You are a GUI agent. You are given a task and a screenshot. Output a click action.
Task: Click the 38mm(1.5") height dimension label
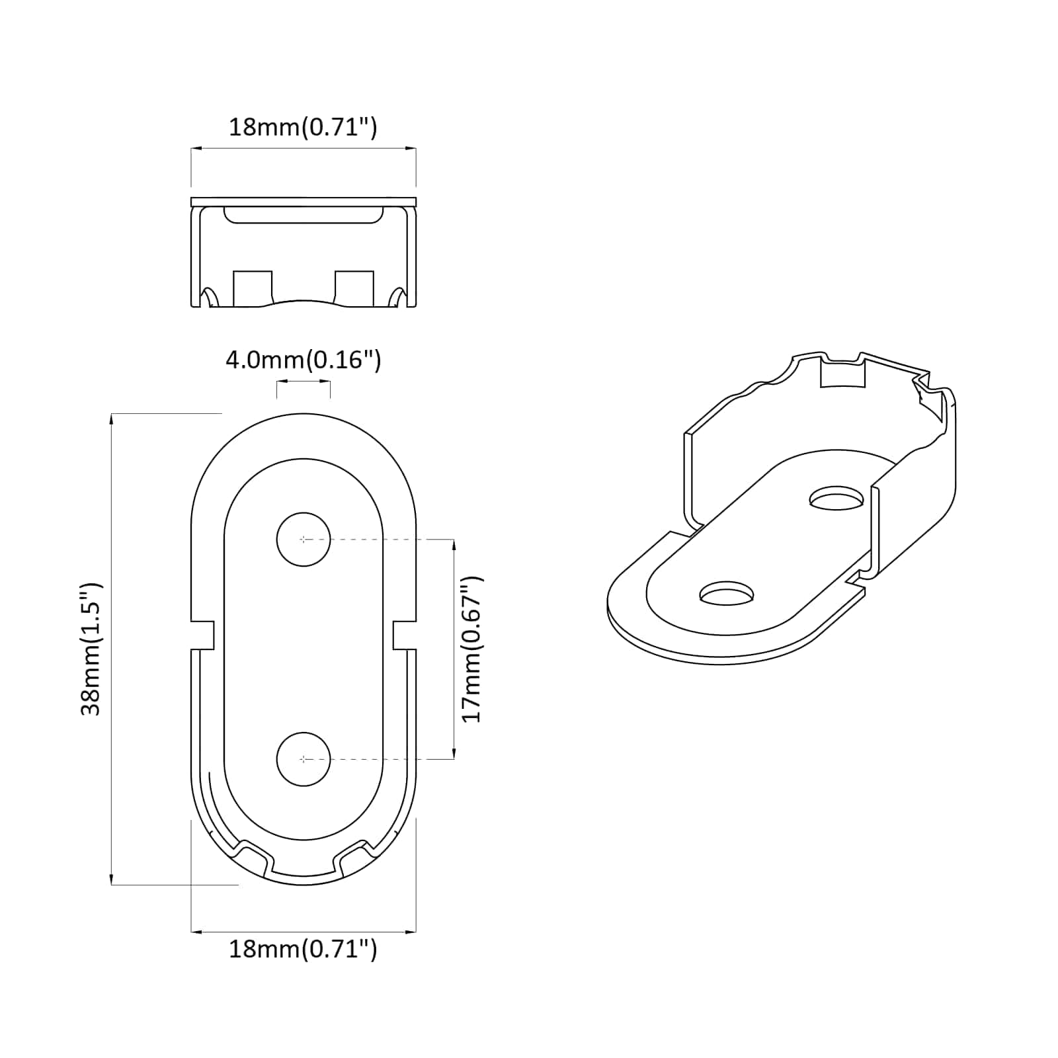pos(91,649)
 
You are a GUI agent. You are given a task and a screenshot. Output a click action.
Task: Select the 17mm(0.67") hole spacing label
pos(472,649)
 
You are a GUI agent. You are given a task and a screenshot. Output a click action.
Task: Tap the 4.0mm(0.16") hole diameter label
pos(304,360)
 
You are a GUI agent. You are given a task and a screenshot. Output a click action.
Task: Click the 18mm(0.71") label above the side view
pos(303,126)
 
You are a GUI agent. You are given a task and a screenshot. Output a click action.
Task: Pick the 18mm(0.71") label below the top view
pos(303,949)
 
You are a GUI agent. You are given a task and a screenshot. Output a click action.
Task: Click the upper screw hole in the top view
pos(304,539)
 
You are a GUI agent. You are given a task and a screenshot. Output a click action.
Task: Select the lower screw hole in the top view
pos(304,759)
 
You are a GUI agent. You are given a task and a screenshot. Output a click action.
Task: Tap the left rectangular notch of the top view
pos(203,635)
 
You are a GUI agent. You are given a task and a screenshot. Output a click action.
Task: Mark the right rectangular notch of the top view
pos(404,635)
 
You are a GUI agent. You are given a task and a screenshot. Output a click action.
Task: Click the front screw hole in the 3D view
pos(727,593)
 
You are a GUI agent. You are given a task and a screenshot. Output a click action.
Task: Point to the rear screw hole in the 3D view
pos(837,497)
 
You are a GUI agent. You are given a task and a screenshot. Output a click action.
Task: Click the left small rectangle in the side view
pos(253,288)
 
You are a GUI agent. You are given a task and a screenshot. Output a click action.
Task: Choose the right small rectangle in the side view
pos(354,288)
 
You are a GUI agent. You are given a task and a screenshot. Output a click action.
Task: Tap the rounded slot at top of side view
pos(304,215)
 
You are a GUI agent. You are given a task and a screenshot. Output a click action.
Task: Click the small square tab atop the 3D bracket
pos(842,374)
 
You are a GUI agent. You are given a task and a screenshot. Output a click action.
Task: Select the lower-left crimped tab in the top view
pos(253,855)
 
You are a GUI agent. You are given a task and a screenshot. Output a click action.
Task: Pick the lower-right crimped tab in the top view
pos(353,855)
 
